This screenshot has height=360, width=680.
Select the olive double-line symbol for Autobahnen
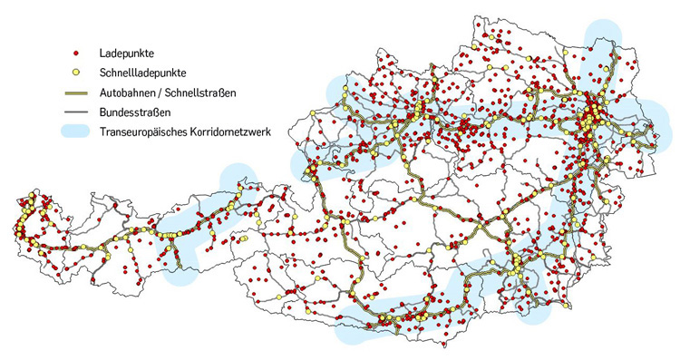click(x=77, y=92)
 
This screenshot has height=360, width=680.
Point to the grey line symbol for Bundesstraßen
click(x=77, y=112)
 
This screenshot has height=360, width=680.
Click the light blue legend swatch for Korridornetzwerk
click(x=77, y=131)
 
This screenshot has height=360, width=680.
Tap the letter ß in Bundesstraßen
click(x=157, y=112)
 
